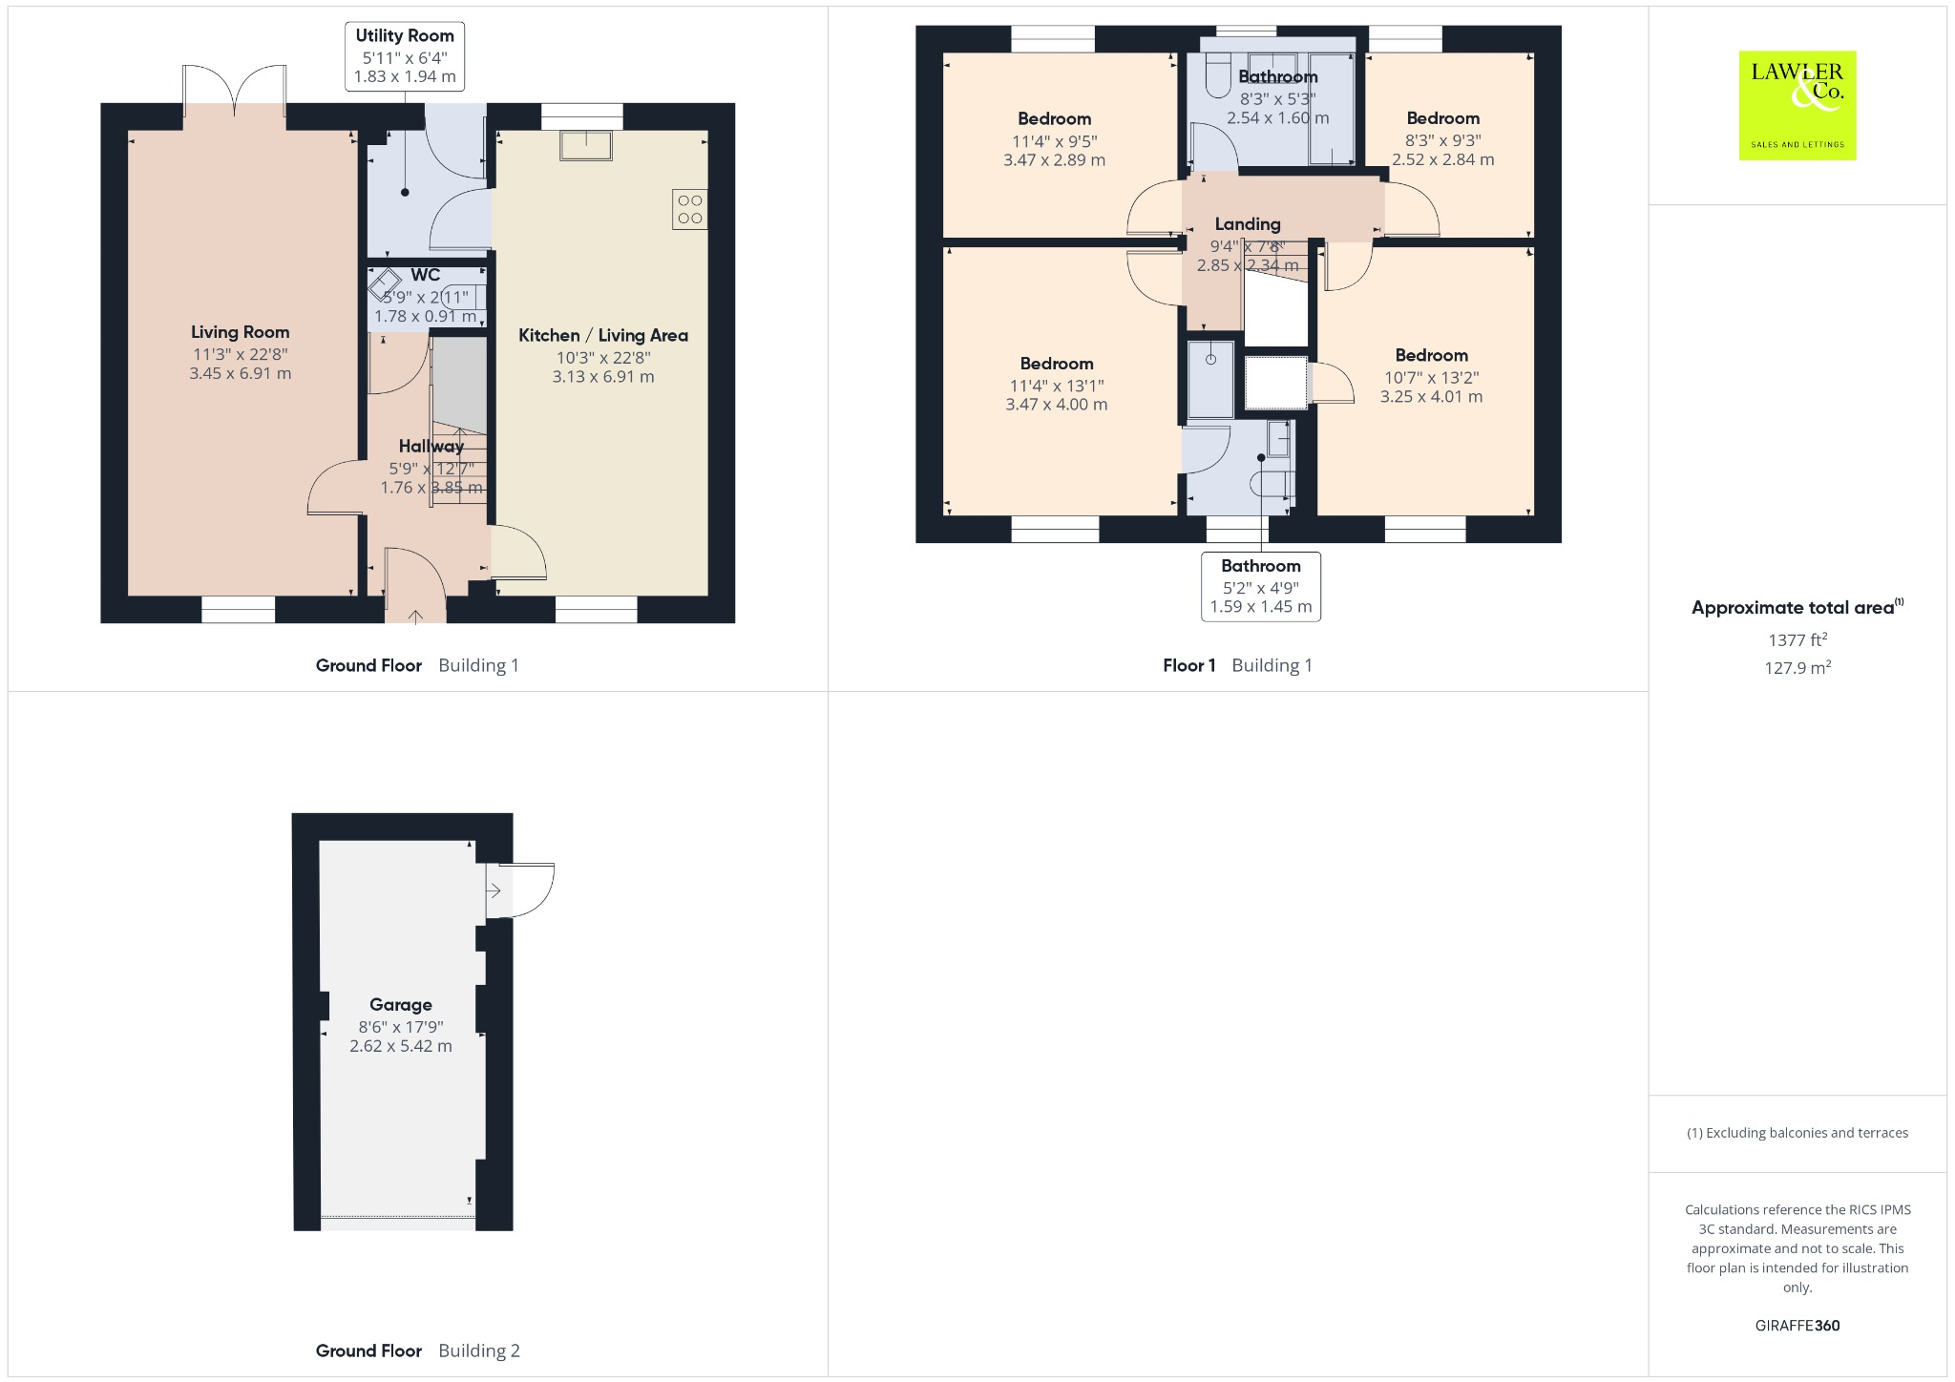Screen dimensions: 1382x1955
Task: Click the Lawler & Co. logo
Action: coord(1797,105)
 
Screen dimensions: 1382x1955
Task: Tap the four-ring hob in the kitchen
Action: coord(690,210)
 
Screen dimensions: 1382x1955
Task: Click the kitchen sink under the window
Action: coord(586,144)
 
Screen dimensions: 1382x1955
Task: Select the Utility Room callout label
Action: coord(405,56)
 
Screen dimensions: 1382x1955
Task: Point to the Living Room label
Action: coord(240,332)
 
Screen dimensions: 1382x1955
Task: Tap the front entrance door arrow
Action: coord(415,617)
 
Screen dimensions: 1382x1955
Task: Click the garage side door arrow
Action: coord(494,891)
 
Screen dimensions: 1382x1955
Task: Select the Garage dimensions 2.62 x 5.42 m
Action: coord(401,1046)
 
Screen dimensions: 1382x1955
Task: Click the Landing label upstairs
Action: coord(1248,224)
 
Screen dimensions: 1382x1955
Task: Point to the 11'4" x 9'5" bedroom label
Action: coord(1055,119)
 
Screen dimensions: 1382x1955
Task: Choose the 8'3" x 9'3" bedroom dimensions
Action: coord(1442,150)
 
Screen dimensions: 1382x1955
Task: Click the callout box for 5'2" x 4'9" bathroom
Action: coord(1261,586)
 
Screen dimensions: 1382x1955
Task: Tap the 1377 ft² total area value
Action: coord(1797,639)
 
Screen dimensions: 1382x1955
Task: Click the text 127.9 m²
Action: coord(1797,668)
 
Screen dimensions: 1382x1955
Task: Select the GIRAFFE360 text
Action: coord(1797,1325)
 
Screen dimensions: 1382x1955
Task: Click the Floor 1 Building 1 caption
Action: coord(1237,665)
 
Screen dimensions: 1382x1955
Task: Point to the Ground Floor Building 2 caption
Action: coord(418,1351)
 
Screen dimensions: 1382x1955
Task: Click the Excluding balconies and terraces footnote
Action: coord(1797,1133)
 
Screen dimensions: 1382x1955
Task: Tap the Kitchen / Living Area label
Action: coord(603,336)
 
